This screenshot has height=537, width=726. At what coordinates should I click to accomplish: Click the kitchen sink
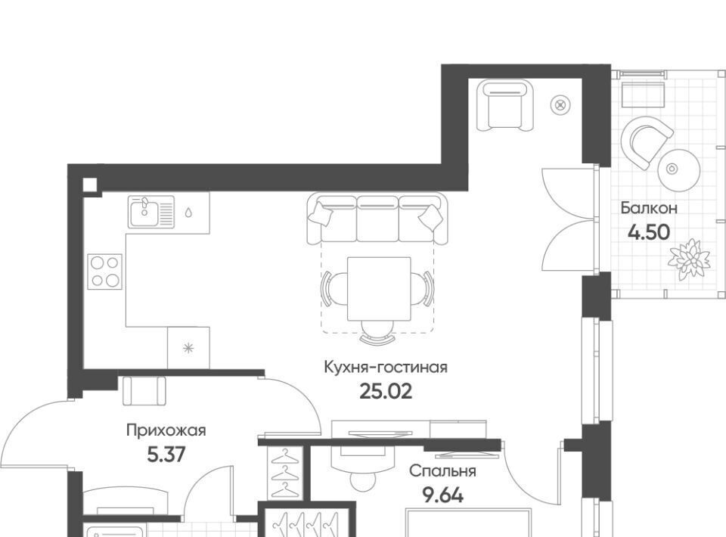tap(152, 212)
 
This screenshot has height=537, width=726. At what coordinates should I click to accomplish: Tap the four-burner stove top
tap(105, 272)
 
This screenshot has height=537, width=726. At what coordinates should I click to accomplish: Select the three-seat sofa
tap(377, 219)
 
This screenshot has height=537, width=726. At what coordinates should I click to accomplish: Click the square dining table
tap(379, 289)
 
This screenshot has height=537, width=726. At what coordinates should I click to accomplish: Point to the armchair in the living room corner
tap(505, 106)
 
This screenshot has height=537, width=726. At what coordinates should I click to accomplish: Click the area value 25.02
tap(385, 392)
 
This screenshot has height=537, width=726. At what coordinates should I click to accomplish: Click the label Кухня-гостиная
tap(385, 368)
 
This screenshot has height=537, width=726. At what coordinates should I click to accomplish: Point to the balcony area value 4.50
tap(649, 232)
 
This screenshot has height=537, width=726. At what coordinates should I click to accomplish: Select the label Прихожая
tap(166, 431)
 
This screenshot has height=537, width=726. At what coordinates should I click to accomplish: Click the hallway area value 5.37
tap(166, 455)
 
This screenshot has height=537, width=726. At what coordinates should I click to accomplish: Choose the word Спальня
tap(442, 471)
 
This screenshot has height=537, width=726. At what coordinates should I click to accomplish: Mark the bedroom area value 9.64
tap(442, 496)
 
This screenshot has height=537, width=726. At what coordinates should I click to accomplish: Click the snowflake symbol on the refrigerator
tap(188, 348)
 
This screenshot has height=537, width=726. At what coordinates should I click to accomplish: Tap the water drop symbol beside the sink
tap(188, 213)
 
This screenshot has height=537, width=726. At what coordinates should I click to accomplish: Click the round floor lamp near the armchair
tap(560, 105)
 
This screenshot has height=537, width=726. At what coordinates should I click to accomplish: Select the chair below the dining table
tap(379, 333)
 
